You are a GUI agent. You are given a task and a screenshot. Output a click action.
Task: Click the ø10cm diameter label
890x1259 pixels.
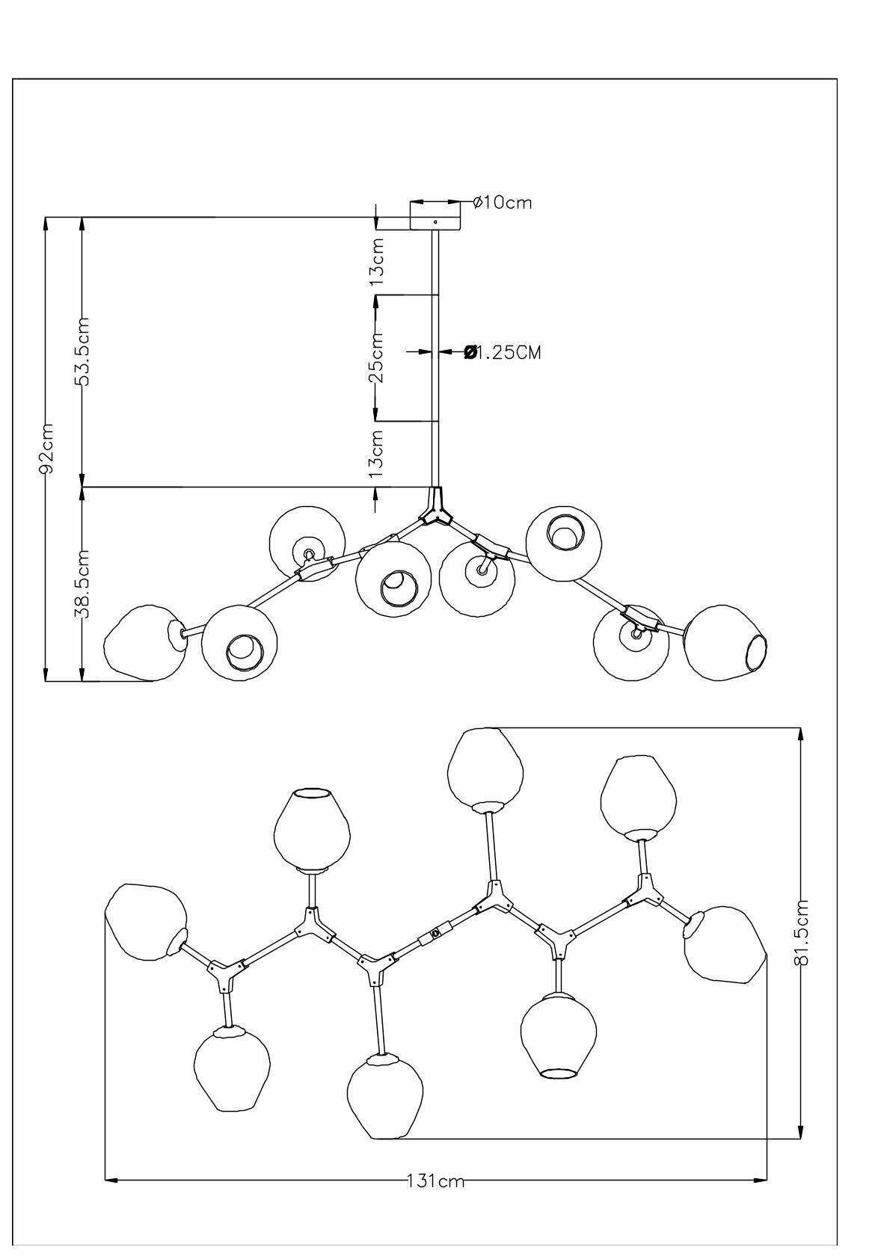(x=503, y=202)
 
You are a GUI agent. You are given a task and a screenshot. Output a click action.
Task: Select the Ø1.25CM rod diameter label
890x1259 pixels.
(x=503, y=351)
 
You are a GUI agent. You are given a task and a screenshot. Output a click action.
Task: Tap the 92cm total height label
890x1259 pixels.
(x=46, y=449)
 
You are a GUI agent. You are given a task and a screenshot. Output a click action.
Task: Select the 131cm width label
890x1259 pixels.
(x=436, y=1181)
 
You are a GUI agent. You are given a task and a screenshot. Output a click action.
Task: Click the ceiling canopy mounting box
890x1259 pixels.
(x=435, y=215)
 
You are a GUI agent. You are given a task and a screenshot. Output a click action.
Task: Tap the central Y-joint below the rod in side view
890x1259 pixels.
(x=435, y=508)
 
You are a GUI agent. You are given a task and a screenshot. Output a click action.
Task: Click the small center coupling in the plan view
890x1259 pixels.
(x=435, y=935)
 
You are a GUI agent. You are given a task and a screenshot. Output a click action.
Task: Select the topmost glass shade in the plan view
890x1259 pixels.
(x=485, y=766)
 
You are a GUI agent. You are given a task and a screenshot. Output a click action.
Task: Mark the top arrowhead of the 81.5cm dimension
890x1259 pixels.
(x=801, y=733)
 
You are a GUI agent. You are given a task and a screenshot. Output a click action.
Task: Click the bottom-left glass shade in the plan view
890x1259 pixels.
(x=231, y=1069)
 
